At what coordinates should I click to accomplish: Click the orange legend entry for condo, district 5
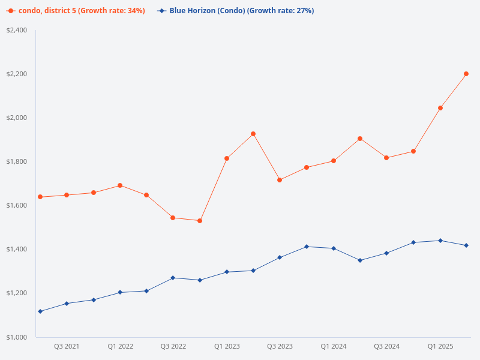click(76, 11)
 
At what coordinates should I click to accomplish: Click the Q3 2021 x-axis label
click(67, 346)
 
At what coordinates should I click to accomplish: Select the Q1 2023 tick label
click(227, 346)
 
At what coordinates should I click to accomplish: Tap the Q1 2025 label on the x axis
click(440, 346)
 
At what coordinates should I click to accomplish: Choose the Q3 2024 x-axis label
click(386, 346)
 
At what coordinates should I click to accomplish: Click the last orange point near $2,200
click(466, 74)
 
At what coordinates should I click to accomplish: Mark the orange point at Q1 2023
click(227, 158)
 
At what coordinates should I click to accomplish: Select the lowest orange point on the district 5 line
click(200, 221)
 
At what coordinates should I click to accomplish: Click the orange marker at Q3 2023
click(280, 180)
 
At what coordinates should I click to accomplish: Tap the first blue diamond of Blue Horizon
click(40, 311)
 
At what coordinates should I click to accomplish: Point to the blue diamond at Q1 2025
click(440, 241)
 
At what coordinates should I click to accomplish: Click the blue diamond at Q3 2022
click(173, 278)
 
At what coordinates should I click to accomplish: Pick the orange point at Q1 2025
click(440, 108)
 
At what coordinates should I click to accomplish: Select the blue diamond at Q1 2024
click(334, 248)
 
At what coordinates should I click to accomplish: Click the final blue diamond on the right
click(466, 245)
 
